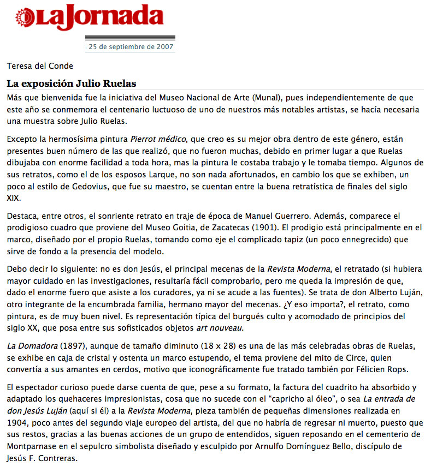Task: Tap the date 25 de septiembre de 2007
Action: pyautogui.click(x=131, y=46)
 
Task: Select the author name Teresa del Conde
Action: pyautogui.click(x=40, y=66)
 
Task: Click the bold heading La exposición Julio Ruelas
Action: pyautogui.click(x=71, y=83)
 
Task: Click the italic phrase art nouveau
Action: pyautogui.click(x=219, y=328)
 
